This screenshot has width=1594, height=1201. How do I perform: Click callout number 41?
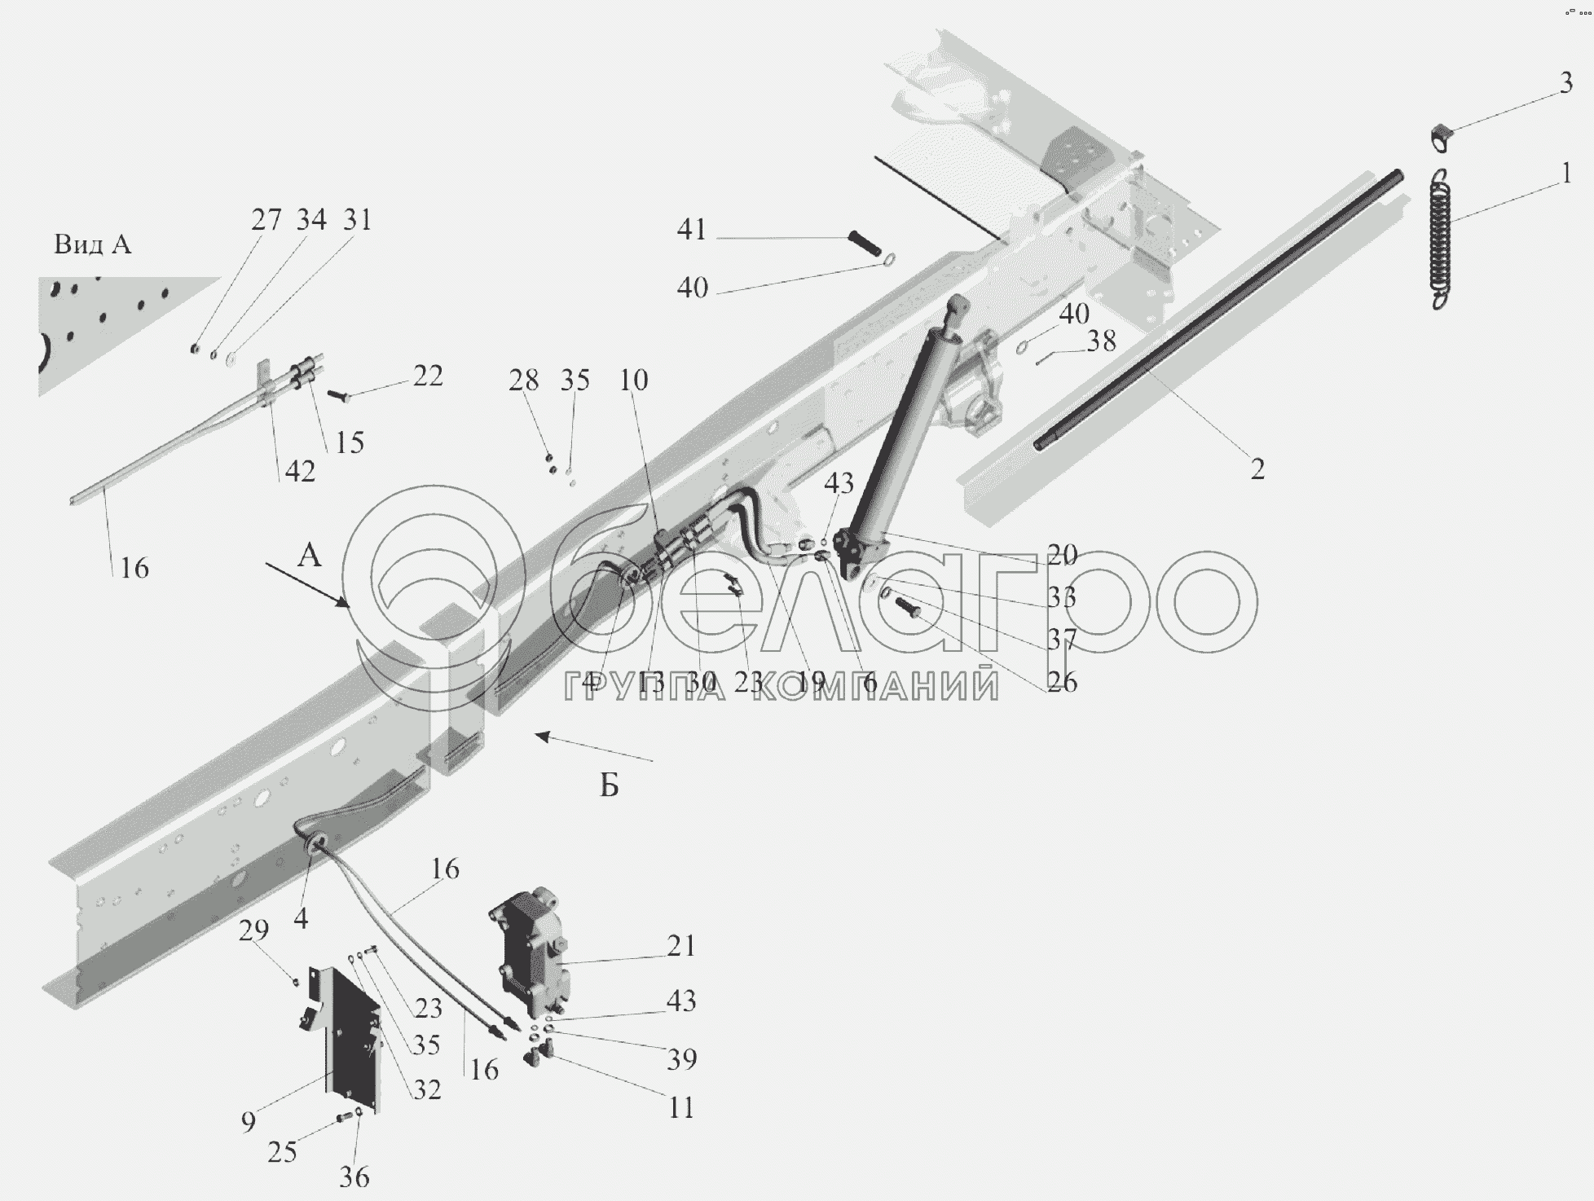point(691,230)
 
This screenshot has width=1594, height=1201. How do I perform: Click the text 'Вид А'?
point(92,244)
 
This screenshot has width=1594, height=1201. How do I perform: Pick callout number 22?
point(428,376)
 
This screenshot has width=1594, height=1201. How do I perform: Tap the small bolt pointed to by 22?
point(337,395)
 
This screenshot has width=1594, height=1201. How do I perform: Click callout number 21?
point(680,946)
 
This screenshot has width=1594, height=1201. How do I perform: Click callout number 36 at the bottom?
point(354,1177)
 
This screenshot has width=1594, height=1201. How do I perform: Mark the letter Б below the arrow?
point(610,785)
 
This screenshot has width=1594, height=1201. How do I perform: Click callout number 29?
point(253,930)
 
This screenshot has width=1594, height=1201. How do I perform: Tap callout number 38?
point(1102,341)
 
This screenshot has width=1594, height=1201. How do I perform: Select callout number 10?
point(633,381)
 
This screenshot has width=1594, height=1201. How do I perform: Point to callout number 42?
point(300,471)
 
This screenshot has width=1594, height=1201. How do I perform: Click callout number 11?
point(680,1107)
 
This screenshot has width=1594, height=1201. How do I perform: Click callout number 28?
point(524,381)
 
